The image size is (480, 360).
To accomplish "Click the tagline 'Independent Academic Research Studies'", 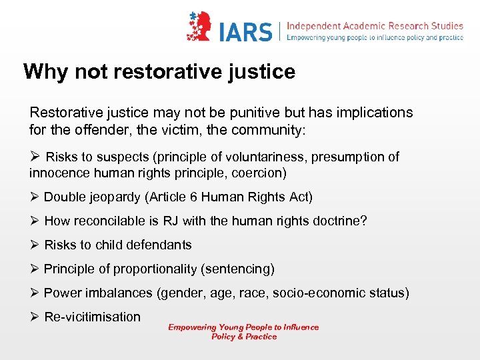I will tap(375, 25).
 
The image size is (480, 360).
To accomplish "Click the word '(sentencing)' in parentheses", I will tap(240, 269).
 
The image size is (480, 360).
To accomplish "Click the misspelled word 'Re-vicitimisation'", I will tap(92, 317).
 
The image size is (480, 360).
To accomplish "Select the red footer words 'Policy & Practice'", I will tap(243, 337).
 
